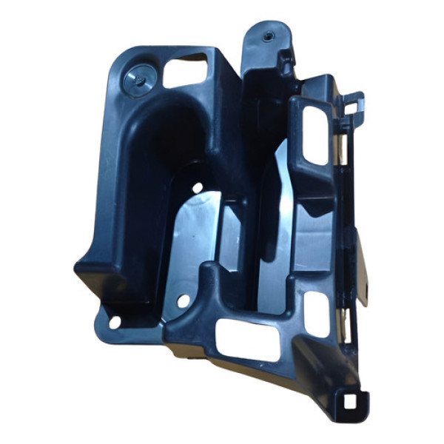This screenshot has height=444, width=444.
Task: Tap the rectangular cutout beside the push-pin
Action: point(186,71)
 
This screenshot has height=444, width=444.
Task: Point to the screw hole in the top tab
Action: point(267,34)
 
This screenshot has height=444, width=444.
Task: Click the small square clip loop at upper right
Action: point(354,106)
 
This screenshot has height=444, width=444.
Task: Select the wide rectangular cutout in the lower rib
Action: point(248,340)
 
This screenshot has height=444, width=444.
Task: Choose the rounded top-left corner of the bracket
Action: point(122,59)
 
